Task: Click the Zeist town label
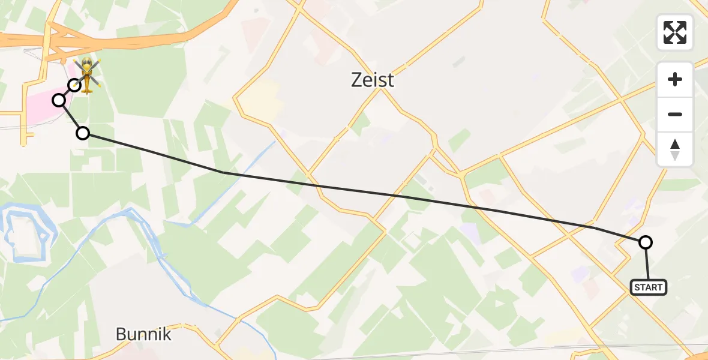point(373,80)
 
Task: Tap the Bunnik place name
point(143,334)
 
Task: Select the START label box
point(649,287)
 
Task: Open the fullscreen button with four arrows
point(675,32)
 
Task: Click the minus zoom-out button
point(675,114)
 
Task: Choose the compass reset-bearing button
point(675,149)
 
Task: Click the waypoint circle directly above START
point(646,242)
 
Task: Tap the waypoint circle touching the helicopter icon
point(74,85)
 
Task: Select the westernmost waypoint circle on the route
point(59,100)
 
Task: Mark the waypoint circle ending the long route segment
point(83,133)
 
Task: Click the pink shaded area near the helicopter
point(36,111)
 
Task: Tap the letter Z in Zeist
point(358,80)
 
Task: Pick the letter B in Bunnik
point(121,334)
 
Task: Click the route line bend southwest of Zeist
point(223,172)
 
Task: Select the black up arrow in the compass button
point(675,144)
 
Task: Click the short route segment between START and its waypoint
point(647,261)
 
